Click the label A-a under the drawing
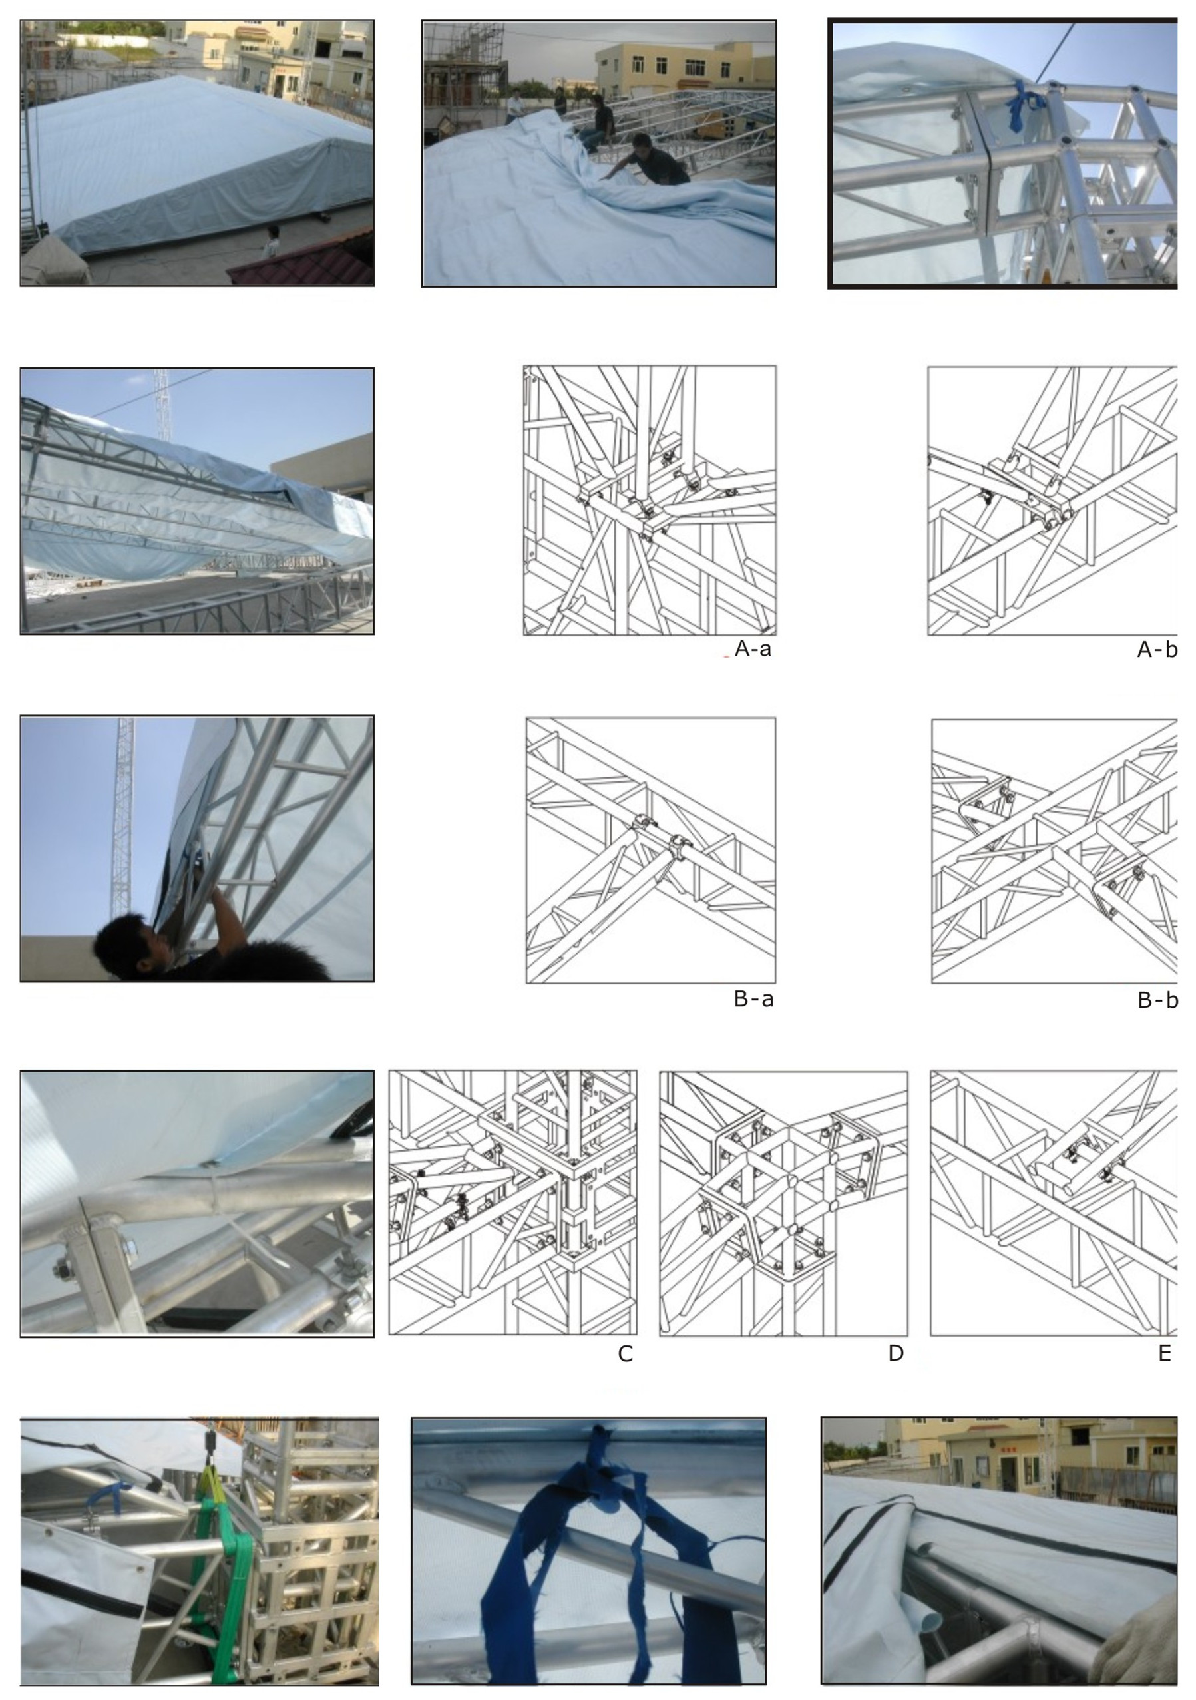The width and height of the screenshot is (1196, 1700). pyautogui.click(x=752, y=650)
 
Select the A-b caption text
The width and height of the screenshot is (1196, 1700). pyautogui.click(x=1157, y=650)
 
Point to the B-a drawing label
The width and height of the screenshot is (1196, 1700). pyautogui.click(x=753, y=999)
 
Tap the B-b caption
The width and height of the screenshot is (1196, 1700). pyautogui.click(x=1157, y=1000)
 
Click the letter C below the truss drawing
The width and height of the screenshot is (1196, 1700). pyautogui.click(x=625, y=1353)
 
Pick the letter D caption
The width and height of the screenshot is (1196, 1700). pyautogui.click(x=895, y=1353)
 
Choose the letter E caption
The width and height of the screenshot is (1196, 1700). pyautogui.click(x=1164, y=1353)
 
